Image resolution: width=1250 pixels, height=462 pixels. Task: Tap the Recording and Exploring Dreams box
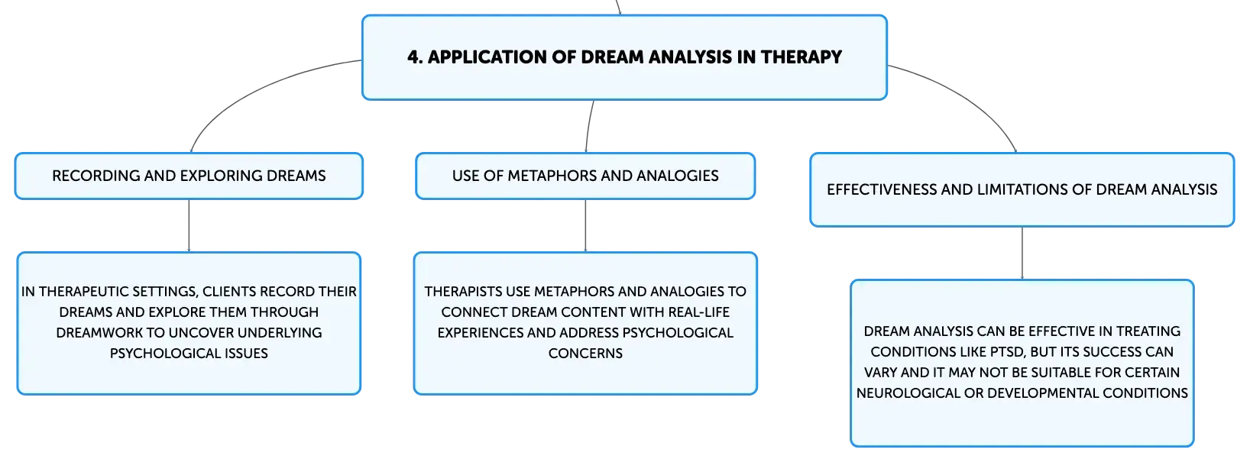tap(189, 176)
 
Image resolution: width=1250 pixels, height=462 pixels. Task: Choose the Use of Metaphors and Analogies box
tap(585, 176)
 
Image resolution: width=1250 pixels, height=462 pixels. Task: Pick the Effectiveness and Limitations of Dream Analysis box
tap(1022, 189)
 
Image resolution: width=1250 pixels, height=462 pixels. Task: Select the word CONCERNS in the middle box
tap(585, 354)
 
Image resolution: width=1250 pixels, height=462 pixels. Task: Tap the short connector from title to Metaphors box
tap(589, 126)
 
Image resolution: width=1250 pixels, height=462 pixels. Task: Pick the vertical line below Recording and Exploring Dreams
tap(189, 225)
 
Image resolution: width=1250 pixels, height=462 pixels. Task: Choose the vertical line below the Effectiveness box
tap(1022, 253)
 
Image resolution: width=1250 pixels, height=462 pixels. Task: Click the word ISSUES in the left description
tap(246, 354)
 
